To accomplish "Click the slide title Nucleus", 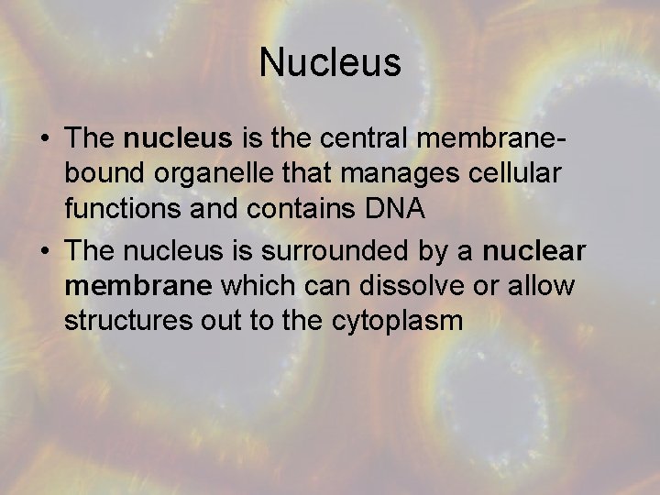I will (x=330, y=62).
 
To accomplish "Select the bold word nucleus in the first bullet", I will (x=178, y=138).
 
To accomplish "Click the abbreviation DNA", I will (x=395, y=208).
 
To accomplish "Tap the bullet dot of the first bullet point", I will (x=45, y=139).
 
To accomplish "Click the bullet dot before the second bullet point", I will (x=45, y=251).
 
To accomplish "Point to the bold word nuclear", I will (x=534, y=251).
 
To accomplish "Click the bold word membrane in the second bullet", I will (x=138, y=285).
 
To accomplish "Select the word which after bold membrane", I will (x=257, y=285).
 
